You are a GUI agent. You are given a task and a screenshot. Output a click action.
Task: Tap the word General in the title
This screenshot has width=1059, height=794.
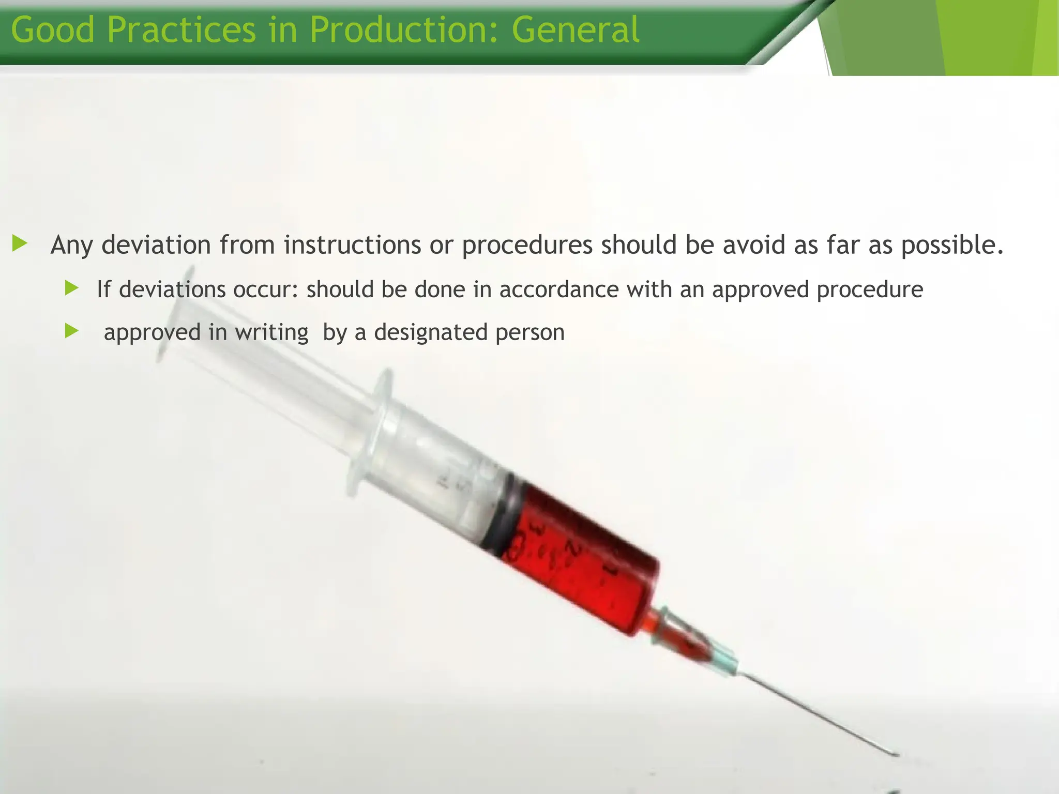(x=576, y=29)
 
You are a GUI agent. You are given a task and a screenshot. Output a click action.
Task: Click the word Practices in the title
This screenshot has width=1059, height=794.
(x=181, y=29)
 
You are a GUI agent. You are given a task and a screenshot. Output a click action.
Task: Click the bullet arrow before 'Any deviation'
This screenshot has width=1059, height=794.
(x=20, y=243)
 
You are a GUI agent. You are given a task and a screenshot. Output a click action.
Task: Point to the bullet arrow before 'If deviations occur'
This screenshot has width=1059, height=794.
(x=71, y=288)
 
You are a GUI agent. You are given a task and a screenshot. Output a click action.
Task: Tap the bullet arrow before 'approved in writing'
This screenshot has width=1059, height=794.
(x=71, y=331)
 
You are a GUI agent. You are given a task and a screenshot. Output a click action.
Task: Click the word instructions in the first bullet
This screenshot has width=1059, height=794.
(x=352, y=245)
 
